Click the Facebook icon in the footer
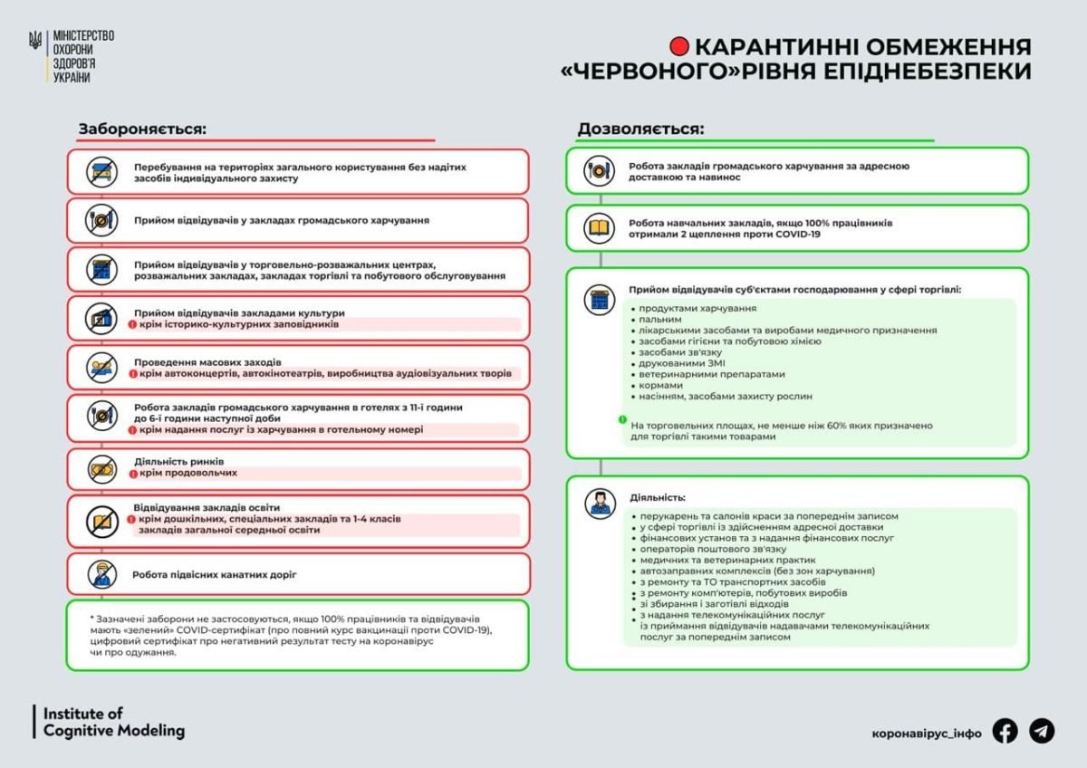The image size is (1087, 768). [x=1005, y=731]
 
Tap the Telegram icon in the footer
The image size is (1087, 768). [x=1042, y=731]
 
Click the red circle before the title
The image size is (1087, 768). [x=679, y=46]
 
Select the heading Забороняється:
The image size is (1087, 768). [x=142, y=129]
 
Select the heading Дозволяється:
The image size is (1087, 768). [x=640, y=129]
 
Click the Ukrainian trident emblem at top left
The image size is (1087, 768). [x=35, y=42]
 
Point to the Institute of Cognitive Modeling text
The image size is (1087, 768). [x=113, y=722]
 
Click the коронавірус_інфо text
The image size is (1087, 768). [x=927, y=733]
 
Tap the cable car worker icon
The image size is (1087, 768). [x=101, y=574]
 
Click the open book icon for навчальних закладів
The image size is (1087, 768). [x=600, y=228]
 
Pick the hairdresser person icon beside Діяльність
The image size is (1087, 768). [x=600, y=502]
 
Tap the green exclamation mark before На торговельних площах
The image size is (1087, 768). [x=622, y=420]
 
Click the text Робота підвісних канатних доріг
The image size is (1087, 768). [x=214, y=574]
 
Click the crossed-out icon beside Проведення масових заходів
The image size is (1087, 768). [x=101, y=368]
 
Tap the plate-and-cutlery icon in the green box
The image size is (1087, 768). [x=600, y=171]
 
